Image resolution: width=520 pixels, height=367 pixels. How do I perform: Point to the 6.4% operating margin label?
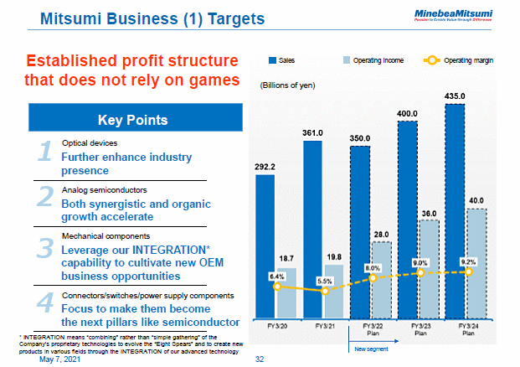pos(277,276)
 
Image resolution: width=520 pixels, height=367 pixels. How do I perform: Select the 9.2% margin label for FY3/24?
pos(468,261)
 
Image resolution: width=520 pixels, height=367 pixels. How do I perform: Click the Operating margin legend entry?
pos(466,61)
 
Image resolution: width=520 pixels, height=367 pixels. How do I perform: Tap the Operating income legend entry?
pos(373,61)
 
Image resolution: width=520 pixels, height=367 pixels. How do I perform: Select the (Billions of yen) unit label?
pos(286,85)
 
